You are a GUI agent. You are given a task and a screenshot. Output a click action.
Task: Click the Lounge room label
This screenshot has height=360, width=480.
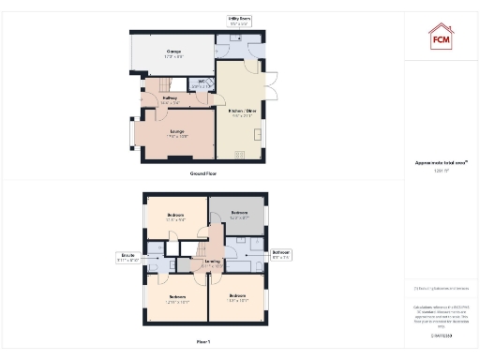coord(177,131)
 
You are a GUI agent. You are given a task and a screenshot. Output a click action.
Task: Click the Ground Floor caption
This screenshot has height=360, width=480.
coord(204,174)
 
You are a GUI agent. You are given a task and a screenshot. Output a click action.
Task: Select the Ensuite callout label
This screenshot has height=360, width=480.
coord(128,256)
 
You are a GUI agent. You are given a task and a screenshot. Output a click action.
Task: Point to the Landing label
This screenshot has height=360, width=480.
coord(212,262)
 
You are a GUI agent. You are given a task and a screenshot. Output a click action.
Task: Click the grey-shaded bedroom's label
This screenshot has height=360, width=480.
coord(239,214)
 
